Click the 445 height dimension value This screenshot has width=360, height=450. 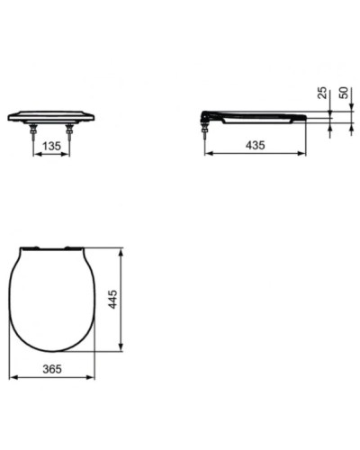(x=113, y=298)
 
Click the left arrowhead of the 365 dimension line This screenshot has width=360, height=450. (x=13, y=375)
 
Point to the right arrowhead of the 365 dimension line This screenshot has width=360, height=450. (x=94, y=375)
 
